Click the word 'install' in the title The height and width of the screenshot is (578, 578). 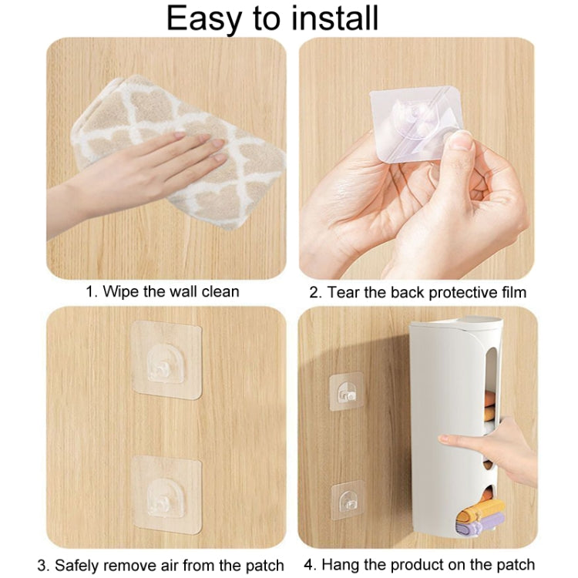(x=334, y=18)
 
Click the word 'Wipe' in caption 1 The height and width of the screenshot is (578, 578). (x=121, y=291)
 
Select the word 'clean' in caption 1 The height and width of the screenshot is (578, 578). (x=220, y=291)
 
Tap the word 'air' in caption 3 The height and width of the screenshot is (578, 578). (x=169, y=565)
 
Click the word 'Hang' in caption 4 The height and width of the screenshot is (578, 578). (x=338, y=565)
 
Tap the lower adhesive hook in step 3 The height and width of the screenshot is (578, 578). (x=166, y=493)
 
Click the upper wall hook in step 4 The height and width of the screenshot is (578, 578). (x=346, y=391)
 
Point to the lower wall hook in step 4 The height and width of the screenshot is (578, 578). (x=348, y=499)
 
